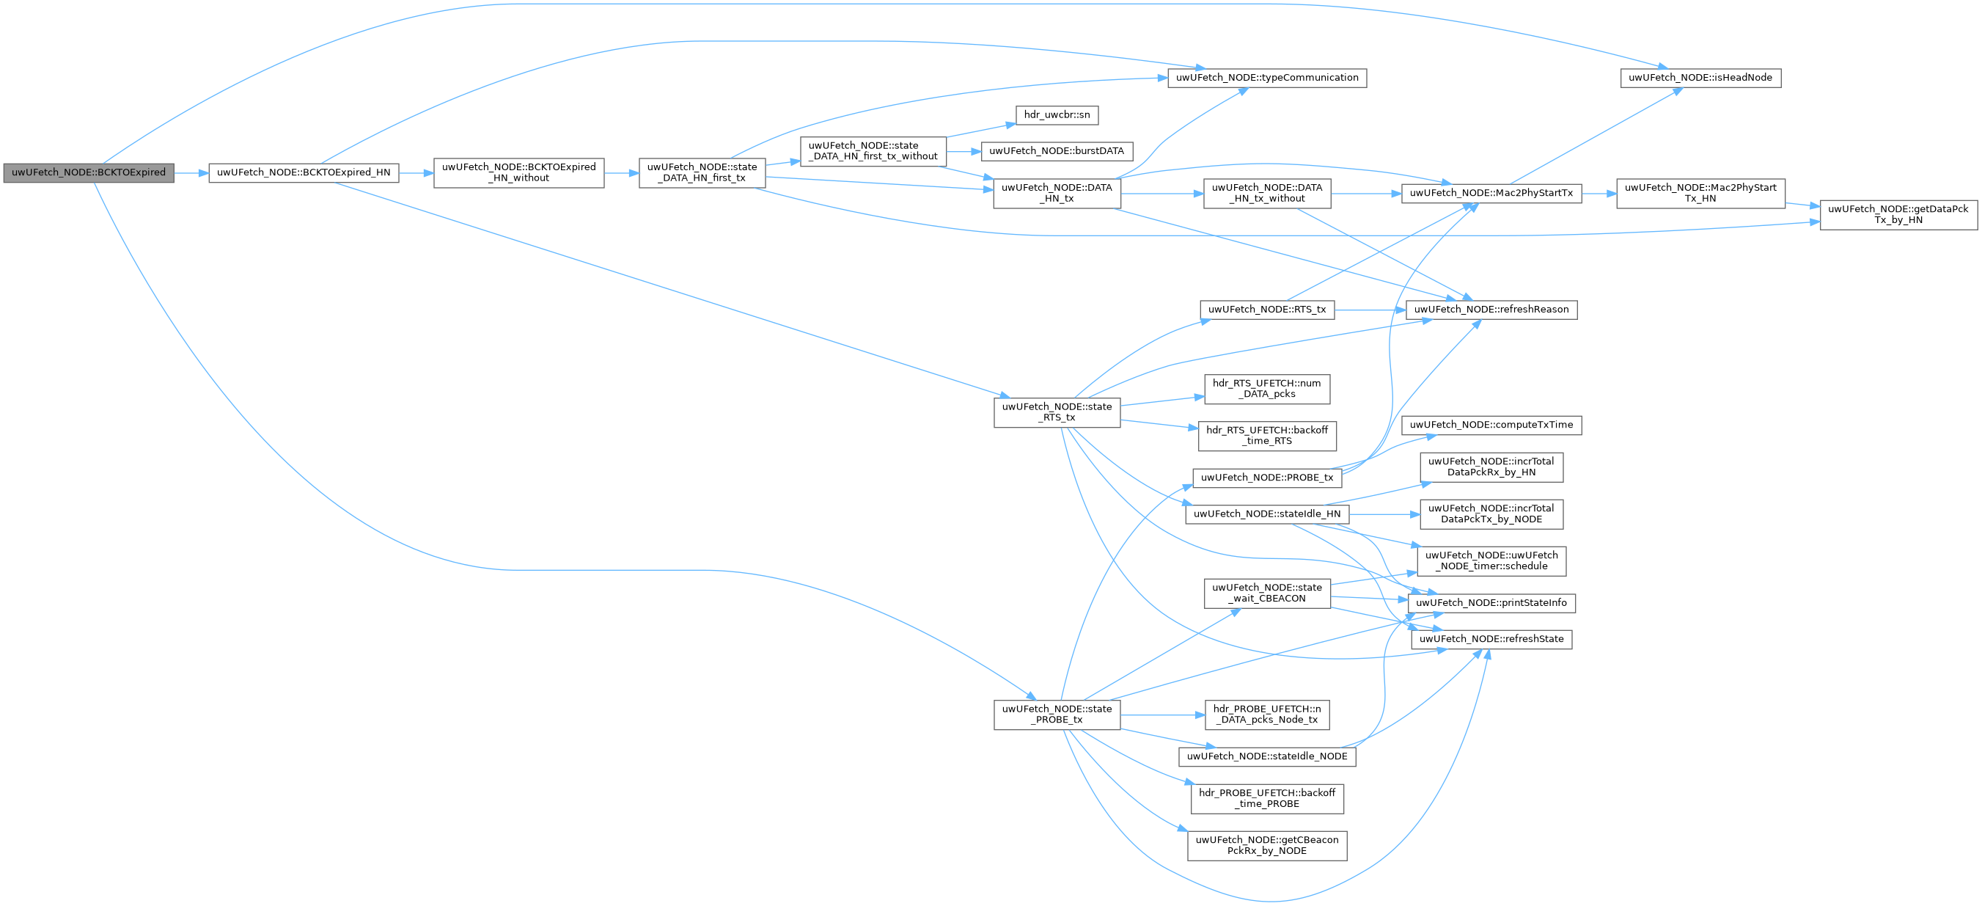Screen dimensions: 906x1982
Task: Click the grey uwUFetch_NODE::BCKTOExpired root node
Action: tap(88, 172)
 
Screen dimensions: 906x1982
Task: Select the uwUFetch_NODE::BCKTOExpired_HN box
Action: tap(303, 172)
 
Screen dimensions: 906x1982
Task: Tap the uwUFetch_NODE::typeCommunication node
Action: tap(1266, 78)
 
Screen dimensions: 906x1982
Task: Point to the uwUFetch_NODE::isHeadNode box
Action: tap(1700, 78)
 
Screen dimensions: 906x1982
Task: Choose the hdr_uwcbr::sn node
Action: tap(1057, 114)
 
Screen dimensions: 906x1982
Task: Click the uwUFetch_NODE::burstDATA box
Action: tap(1057, 151)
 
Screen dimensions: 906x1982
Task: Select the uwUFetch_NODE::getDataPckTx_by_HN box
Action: tap(1898, 214)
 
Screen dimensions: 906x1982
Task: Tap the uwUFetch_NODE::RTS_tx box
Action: tap(1266, 310)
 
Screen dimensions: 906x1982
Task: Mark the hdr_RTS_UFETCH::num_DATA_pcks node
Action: tap(1266, 389)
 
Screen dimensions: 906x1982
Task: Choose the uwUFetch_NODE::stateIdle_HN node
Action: tap(1266, 514)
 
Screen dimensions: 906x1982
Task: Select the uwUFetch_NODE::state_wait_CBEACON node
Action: tap(1266, 593)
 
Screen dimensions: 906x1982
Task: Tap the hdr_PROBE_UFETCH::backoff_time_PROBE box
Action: tap(1266, 798)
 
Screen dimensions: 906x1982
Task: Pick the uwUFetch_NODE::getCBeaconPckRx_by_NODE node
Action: tap(1266, 845)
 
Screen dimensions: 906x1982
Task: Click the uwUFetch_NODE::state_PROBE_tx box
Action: tap(1057, 715)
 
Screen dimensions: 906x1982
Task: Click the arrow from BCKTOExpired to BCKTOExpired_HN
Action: tap(191, 173)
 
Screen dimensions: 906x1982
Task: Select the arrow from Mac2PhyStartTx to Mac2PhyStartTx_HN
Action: tap(1599, 193)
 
